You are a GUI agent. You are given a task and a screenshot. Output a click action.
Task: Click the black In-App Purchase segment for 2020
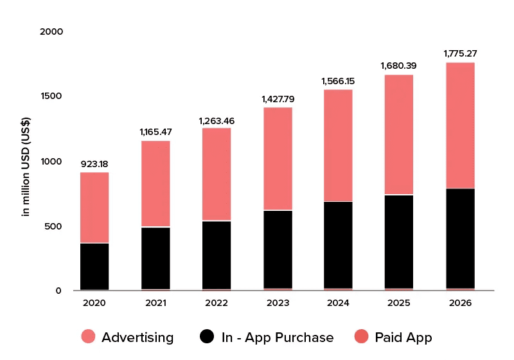pyautogui.click(x=94, y=267)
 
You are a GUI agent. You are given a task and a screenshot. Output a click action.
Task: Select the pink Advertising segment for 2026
pyautogui.click(x=460, y=125)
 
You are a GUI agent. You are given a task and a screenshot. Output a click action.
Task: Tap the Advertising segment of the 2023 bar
pyautogui.click(x=278, y=159)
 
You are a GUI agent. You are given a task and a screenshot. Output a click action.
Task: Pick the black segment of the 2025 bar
pyautogui.click(x=399, y=242)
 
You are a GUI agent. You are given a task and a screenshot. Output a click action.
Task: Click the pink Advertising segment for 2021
pyautogui.click(x=155, y=184)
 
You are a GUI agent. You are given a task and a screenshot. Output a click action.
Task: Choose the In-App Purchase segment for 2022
pyautogui.click(x=217, y=255)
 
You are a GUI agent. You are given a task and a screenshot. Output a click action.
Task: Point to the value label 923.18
pyautogui.click(x=94, y=164)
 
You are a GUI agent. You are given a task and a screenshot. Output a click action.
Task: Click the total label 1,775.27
pyautogui.click(x=460, y=53)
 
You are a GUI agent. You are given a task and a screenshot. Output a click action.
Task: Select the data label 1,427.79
pyautogui.click(x=278, y=99)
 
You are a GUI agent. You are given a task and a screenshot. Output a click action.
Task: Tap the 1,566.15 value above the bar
pyautogui.click(x=338, y=81)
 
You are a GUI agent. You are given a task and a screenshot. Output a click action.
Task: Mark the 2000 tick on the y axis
pyautogui.click(x=51, y=32)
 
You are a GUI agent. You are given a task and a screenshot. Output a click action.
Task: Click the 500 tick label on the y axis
pyautogui.click(x=53, y=226)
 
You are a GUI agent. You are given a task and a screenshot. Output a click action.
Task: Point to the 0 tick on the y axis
pyautogui.click(x=58, y=291)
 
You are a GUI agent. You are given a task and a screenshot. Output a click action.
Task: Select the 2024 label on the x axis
pyautogui.click(x=338, y=303)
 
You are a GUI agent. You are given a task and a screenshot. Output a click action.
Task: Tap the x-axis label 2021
pyautogui.click(x=155, y=303)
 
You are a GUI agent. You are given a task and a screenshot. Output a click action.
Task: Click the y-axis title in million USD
pyautogui.click(x=26, y=166)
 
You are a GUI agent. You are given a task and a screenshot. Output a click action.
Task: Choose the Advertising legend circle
pyautogui.click(x=88, y=336)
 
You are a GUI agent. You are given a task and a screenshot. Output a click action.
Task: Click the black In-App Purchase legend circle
pyautogui.click(x=207, y=336)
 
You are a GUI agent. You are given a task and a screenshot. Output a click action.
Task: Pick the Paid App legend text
pyautogui.click(x=403, y=337)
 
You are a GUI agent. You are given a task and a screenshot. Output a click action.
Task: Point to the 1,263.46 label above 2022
pyautogui.click(x=217, y=121)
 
